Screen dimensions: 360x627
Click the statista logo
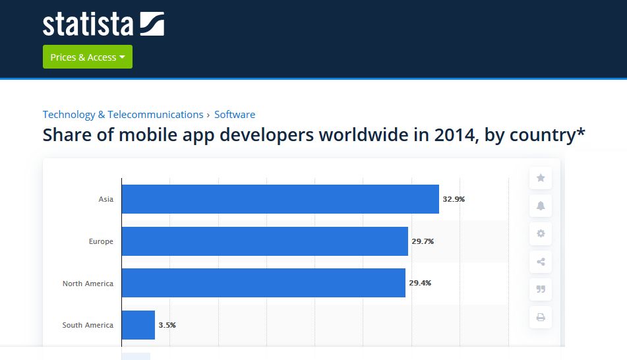point(103,24)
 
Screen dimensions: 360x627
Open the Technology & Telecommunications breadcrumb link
point(123,114)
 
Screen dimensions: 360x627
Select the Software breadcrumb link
point(235,114)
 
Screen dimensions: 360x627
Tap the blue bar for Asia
point(280,199)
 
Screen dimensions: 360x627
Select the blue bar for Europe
point(264,241)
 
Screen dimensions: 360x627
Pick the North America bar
point(263,283)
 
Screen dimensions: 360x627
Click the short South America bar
point(138,325)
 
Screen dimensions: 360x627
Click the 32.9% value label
point(454,199)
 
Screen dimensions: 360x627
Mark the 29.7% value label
point(423,241)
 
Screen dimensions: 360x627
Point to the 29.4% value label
point(420,283)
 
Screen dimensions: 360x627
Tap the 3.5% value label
point(167,325)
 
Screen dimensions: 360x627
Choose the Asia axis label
point(105,199)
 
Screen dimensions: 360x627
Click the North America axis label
point(88,284)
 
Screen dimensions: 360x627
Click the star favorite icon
point(541,178)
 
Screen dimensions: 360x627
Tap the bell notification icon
point(541,206)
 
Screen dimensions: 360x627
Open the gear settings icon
point(541,233)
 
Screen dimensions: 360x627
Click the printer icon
point(541,317)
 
